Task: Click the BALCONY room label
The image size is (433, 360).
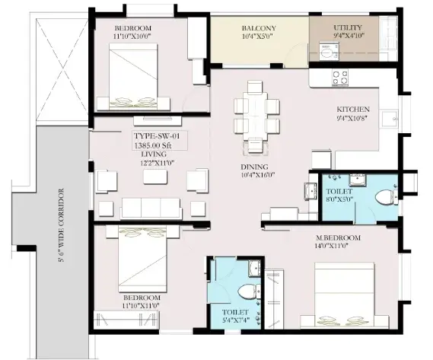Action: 259,28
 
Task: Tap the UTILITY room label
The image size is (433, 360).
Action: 348,27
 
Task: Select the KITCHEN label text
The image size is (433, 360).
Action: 353,110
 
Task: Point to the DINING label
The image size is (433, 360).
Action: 254,167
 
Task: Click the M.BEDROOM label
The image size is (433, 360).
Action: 339,237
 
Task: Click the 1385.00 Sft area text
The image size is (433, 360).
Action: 153,145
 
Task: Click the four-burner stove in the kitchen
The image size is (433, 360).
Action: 340,78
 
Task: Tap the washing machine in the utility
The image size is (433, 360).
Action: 328,52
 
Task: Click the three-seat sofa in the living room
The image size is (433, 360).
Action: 151,208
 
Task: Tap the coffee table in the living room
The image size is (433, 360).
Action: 155,177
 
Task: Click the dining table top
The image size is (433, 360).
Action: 255,116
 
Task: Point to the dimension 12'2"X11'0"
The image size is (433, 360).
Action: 157,163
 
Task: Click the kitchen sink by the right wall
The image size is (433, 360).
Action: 390,119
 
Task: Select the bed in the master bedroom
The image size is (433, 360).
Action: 345,295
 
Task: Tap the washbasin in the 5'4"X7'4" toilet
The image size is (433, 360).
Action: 254,268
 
